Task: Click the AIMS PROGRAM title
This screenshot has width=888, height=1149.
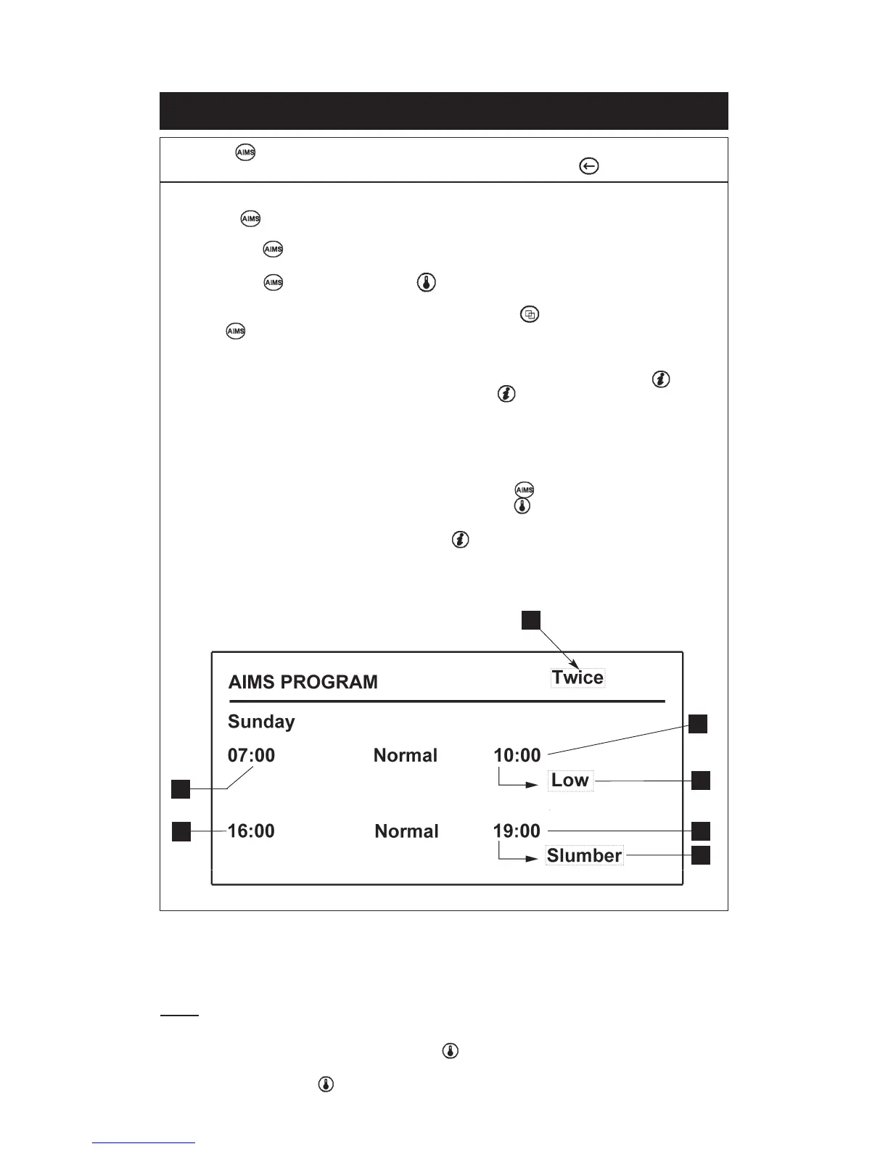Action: pyautogui.click(x=303, y=682)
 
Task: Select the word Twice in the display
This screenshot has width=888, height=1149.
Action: pyautogui.click(x=577, y=678)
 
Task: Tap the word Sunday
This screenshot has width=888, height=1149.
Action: pyautogui.click(x=261, y=722)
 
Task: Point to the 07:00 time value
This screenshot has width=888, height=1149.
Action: pyautogui.click(x=251, y=755)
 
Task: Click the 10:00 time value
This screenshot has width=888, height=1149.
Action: pyautogui.click(x=517, y=755)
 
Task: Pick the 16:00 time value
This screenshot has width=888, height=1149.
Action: pyautogui.click(x=251, y=831)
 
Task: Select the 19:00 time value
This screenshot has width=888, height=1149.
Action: pyautogui.click(x=517, y=831)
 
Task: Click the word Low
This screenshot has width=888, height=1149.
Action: pyautogui.click(x=570, y=781)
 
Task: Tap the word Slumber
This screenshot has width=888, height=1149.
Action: pyautogui.click(x=584, y=856)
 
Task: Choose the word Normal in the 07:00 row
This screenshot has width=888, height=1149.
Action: pyautogui.click(x=406, y=755)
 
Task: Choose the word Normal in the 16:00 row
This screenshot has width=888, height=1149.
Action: pyautogui.click(x=406, y=831)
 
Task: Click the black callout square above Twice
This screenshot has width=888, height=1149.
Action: pyautogui.click(x=531, y=620)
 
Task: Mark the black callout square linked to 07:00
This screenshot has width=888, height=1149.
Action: pyautogui.click(x=181, y=788)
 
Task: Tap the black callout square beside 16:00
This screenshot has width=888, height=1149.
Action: pyautogui.click(x=181, y=831)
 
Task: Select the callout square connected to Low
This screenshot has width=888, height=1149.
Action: pyautogui.click(x=701, y=781)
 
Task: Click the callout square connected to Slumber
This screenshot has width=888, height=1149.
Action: pyautogui.click(x=701, y=856)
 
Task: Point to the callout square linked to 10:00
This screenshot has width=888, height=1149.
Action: pyautogui.click(x=698, y=724)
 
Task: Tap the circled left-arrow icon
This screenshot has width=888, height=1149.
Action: pyautogui.click(x=588, y=167)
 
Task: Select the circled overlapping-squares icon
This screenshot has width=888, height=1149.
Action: pyautogui.click(x=530, y=315)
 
